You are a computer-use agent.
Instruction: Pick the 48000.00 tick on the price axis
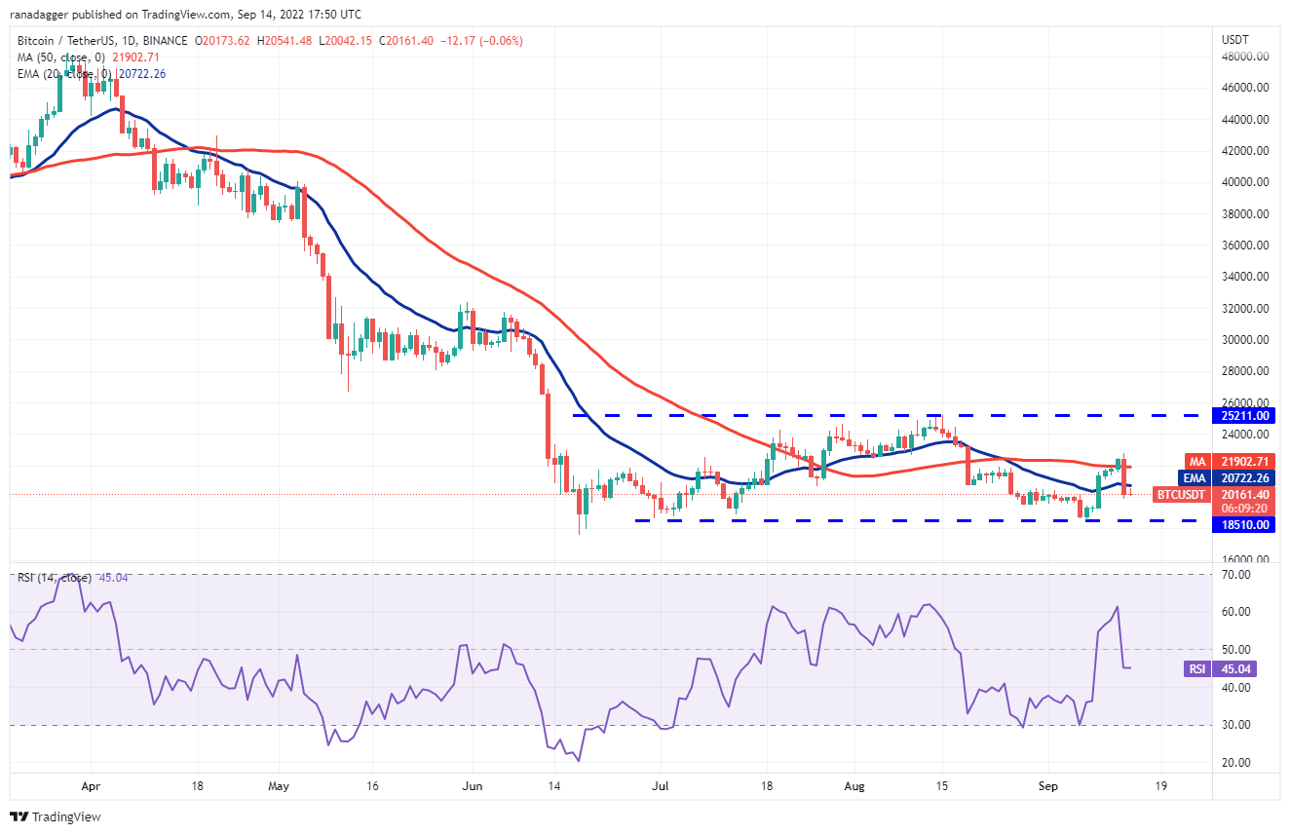[1247, 57]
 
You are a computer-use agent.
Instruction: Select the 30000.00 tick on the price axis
[1247, 340]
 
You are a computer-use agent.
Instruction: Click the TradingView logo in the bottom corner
[57, 816]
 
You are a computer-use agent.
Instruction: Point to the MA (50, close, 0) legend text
[61, 57]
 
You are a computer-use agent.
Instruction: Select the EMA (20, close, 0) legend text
[65, 73]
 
